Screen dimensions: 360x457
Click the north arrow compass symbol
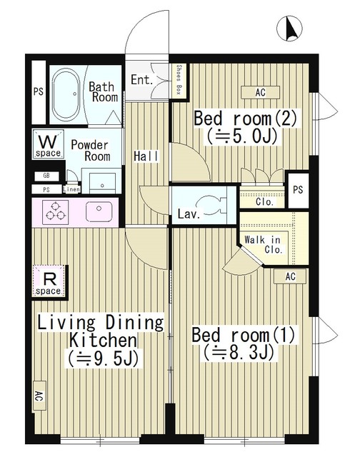point(289,29)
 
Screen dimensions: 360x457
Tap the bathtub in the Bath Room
point(66,94)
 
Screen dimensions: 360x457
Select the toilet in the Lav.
point(211,205)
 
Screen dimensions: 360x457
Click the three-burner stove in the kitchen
point(56,212)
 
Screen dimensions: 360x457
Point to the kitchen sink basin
point(99,211)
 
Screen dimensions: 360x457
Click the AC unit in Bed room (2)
point(260,92)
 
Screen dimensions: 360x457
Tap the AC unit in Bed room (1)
point(290,276)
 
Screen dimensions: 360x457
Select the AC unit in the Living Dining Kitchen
point(39,396)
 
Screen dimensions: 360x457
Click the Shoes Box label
point(179,79)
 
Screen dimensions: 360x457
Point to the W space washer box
point(48,144)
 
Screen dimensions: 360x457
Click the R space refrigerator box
point(49,281)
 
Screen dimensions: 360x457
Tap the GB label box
point(46,176)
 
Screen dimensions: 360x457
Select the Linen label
point(71,189)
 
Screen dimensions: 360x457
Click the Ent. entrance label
point(141,79)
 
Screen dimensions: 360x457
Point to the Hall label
point(146,156)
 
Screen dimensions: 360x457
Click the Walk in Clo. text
point(264,245)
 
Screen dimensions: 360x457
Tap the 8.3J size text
point(239,353)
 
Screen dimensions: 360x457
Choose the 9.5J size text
point(103,358)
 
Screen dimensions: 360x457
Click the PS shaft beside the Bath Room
point(39,92)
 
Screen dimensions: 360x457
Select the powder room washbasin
point(102,183)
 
